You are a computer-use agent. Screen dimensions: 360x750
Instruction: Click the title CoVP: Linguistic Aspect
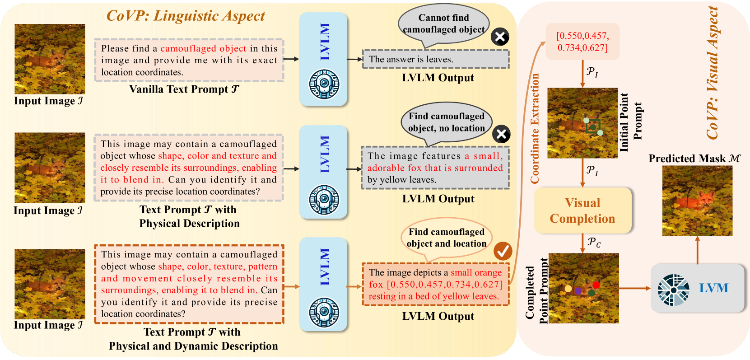(x=186, y=16)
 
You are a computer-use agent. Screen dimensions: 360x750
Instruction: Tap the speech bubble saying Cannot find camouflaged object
(x=443, y=24)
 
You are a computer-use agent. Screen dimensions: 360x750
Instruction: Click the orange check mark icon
(x=502, y=251)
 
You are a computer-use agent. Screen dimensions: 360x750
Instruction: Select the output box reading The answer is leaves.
(x=436, y=59)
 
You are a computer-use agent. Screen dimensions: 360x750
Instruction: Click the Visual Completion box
(x=582, y=210)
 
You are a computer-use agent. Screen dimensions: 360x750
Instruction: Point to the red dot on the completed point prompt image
(x=596, y=285)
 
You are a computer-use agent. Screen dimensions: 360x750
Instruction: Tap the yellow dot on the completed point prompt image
(x=568, y=289)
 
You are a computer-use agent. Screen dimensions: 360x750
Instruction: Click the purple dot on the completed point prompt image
(x=578, y=291)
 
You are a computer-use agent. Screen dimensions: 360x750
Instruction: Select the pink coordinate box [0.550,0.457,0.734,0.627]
(x=582, y=42)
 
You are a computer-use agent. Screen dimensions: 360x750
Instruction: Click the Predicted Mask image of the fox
(x=697, y=201)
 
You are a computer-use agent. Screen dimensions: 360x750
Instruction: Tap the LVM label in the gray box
(x=713, y=288)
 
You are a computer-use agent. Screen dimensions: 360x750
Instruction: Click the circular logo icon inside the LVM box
(x=673, y=290)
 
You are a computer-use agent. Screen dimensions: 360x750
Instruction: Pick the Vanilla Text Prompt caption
(x=184, y=89)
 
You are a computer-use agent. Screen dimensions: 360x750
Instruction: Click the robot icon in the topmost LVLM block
(x=324, y=84)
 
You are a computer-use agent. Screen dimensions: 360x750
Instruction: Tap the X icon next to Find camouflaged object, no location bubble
(x=501, y=134)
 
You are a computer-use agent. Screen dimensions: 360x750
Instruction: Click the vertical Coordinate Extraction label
(x=535, y=129)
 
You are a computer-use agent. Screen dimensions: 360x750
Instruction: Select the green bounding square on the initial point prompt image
(x=592, y=126)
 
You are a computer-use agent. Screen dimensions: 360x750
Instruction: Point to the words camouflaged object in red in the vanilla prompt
(x=203, y=48)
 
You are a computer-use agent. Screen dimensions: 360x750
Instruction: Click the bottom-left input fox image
(x=50, y=284)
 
